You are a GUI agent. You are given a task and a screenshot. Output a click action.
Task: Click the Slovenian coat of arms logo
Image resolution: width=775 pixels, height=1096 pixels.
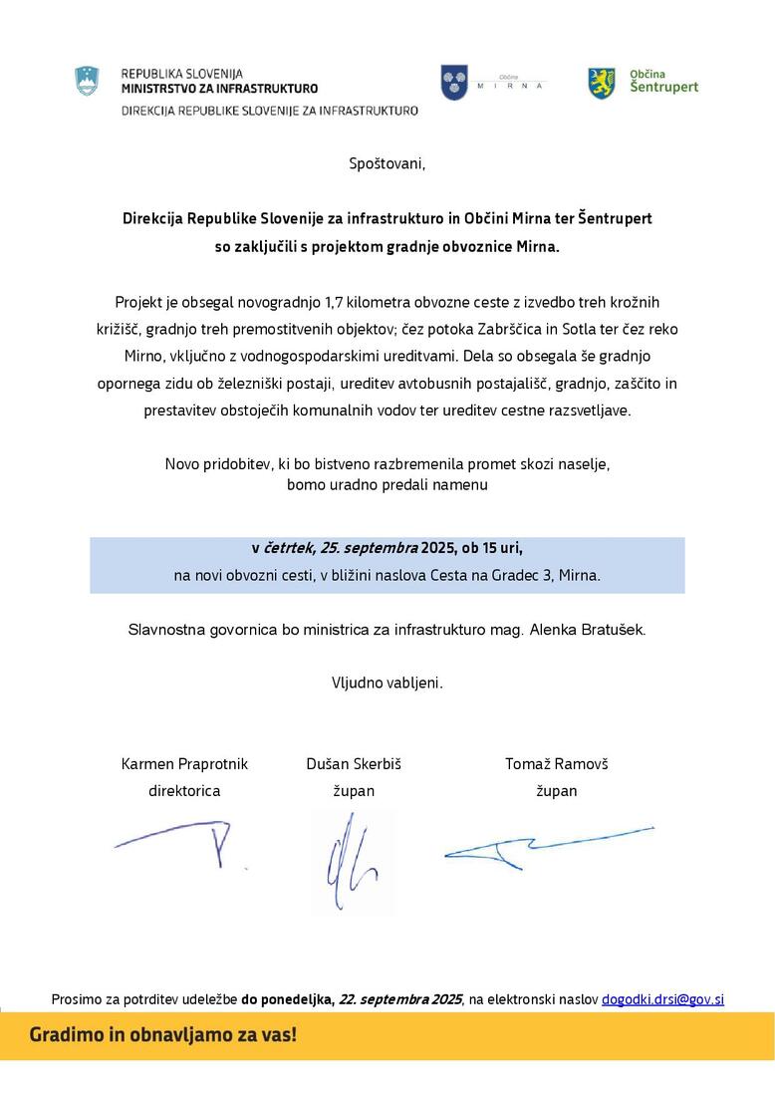[88, 82]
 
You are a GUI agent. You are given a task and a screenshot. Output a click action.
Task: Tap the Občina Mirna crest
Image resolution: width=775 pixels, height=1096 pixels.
[454, 82]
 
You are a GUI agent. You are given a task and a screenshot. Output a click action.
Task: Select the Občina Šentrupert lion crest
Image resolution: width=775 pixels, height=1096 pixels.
[601, 82]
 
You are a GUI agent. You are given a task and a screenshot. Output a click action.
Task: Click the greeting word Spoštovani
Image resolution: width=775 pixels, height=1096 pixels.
[387, 163]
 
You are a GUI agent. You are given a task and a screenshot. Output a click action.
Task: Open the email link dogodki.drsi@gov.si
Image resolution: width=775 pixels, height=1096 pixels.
[662, 998]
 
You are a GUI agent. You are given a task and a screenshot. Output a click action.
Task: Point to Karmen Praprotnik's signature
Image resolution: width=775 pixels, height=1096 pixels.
[184, 842]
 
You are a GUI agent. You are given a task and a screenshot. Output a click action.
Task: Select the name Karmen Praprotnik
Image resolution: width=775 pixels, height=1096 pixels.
[184, 763]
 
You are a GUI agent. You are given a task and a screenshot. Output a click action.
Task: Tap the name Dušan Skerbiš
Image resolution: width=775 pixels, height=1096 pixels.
[354, 763]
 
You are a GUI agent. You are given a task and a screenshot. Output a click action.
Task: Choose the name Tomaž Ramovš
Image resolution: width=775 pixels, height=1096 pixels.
[556, 763]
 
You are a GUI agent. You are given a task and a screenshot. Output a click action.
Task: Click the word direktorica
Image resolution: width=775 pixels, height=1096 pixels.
[184, 791]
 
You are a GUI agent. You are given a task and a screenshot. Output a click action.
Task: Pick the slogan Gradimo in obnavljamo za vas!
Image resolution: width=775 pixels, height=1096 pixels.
[162, 1034]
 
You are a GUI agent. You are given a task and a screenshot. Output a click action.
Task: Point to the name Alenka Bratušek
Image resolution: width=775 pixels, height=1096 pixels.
[587, 630]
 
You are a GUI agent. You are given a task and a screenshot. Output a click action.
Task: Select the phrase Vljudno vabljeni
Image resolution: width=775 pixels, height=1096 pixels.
[387, 683]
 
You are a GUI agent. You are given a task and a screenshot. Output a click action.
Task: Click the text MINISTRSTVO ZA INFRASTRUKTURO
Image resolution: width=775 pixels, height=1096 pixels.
[219, 88]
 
